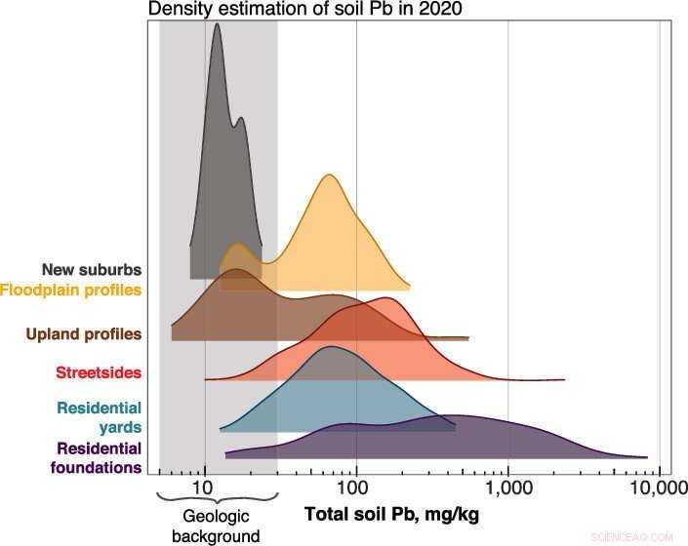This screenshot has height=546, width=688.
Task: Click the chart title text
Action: (279, 10)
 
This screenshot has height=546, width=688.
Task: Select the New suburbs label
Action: (93, 269)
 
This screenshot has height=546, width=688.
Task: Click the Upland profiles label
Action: (84, 333)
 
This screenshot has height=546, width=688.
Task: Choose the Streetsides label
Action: (100, 372)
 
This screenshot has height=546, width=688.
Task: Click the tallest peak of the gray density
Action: (217, 24)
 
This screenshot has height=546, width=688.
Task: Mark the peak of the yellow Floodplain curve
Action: (329, 175)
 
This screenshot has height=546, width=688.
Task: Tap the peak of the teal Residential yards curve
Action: (331, 347)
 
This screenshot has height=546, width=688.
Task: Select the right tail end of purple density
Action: (645, 456)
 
